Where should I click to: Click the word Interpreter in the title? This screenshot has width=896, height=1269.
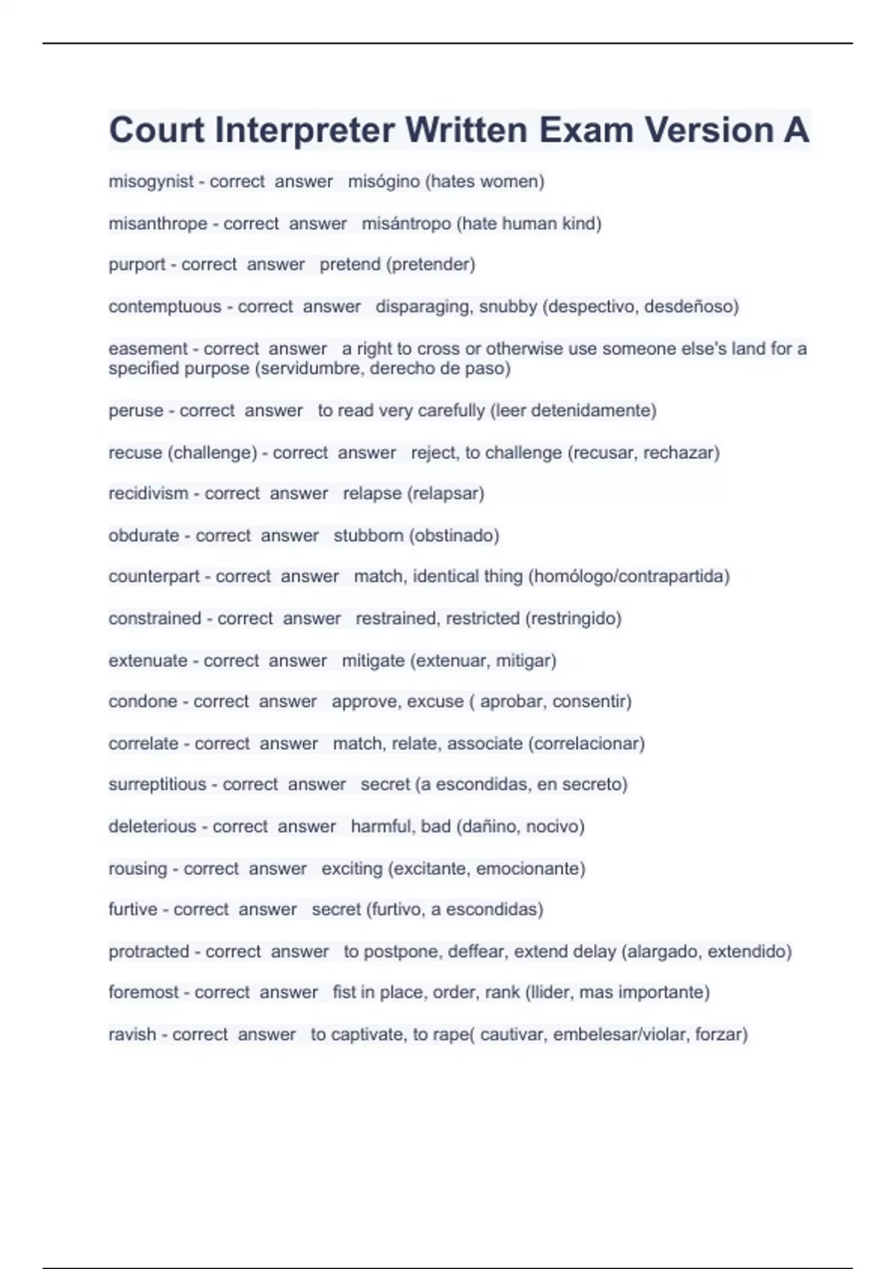(304, 131)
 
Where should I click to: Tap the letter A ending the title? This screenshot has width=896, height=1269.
(796, 131)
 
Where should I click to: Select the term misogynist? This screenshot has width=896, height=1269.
(151, 181)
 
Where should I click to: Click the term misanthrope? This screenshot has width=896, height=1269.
(158, 223)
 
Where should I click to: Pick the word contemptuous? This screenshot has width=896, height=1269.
(164, 306)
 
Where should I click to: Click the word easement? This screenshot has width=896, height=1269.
(148, 349)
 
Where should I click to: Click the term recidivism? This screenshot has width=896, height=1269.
(148, 493)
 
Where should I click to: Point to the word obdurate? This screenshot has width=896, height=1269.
(143, 535)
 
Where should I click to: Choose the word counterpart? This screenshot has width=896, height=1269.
(154, 576)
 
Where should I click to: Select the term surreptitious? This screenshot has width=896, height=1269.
(157, 784)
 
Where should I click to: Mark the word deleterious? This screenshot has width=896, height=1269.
(152, 826)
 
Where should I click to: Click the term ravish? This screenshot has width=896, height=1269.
(132, 1034)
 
